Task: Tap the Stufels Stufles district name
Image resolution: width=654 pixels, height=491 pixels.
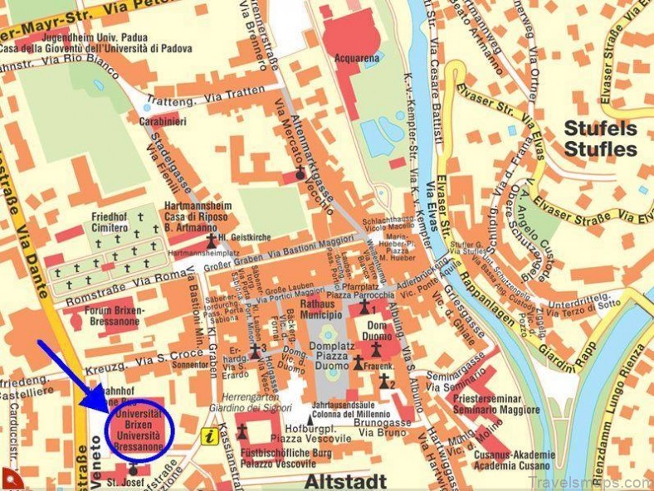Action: pyautogui.click(x=600, y=139)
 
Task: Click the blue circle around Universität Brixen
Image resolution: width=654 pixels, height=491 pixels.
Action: pyautogui.click(x=140, y=427)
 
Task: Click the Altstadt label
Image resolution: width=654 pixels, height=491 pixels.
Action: pyautogui.click(x=345, y=480)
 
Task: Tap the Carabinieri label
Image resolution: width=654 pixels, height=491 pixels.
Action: pyautogui.click(x=163, y=121)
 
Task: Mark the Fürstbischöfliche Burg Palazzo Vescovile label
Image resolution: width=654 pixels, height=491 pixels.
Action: pyautogui.click(x=278, y=459)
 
